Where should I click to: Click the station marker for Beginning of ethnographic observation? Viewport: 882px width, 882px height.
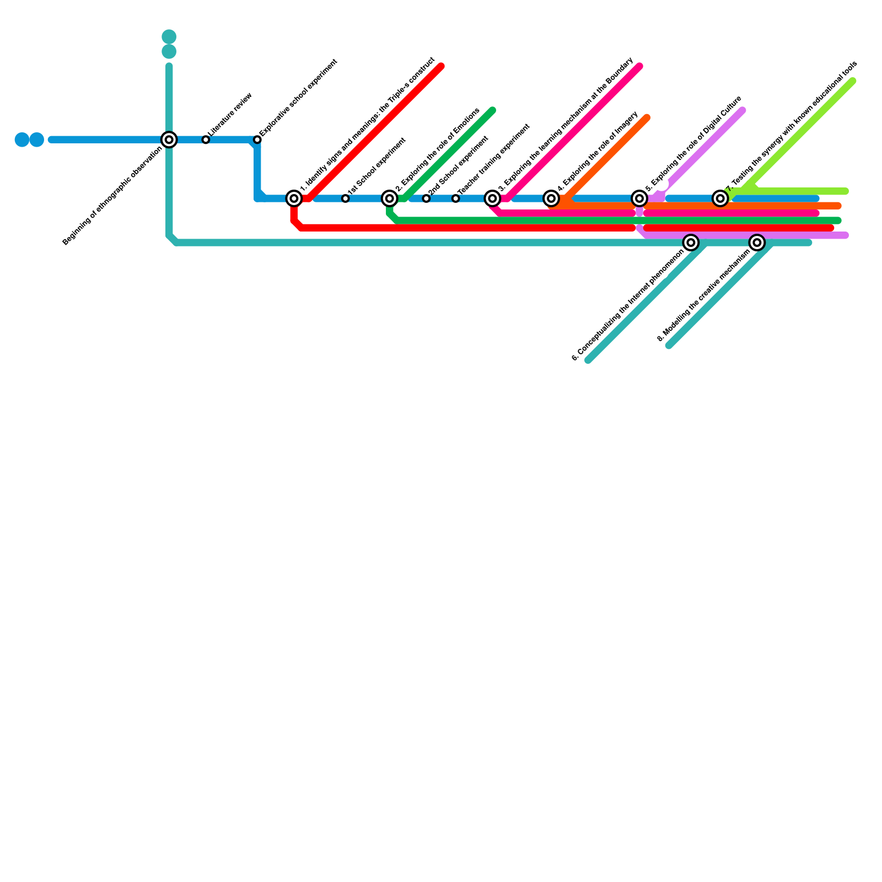[169, 139]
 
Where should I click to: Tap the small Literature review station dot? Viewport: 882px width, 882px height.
[206, 139]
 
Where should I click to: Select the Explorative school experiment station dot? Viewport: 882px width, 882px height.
[257, 139]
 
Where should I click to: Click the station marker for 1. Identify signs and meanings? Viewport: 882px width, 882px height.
[294, 198]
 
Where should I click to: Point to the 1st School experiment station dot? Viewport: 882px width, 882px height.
[345, 198]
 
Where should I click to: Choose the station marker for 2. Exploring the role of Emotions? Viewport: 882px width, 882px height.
[390, 198]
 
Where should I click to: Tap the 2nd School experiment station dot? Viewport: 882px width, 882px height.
[426, 198]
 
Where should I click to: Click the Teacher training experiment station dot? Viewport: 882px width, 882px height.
[455, 198]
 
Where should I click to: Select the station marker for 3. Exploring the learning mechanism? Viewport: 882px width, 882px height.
[493, 198]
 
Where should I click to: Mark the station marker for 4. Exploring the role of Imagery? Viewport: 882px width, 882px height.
[551, 198]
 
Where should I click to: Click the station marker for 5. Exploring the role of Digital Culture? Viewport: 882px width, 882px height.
[639, 198]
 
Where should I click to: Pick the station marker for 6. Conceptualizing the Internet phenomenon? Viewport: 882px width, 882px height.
[691, 243]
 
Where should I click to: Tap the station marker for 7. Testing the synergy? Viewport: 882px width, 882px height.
[720, 198]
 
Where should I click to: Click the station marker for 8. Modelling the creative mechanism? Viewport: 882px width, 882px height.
[757, 243]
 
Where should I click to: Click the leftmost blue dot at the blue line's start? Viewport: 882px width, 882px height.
[22, 139]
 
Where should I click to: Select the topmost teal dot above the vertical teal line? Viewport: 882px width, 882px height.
[169, 37]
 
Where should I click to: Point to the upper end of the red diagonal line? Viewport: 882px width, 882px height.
[441, 67]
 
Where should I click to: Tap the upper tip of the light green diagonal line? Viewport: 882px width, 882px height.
[853, 82]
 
